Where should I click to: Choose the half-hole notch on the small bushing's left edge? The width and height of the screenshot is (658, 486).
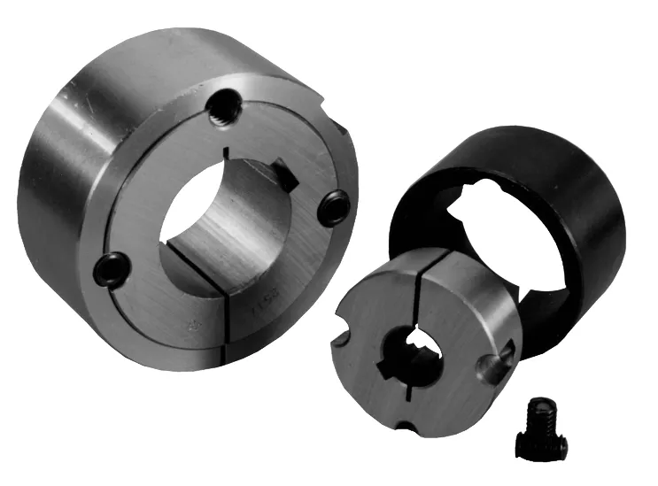(x=343, y=323)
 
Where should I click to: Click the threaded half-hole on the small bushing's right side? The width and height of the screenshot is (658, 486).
(x=494, y=363)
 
